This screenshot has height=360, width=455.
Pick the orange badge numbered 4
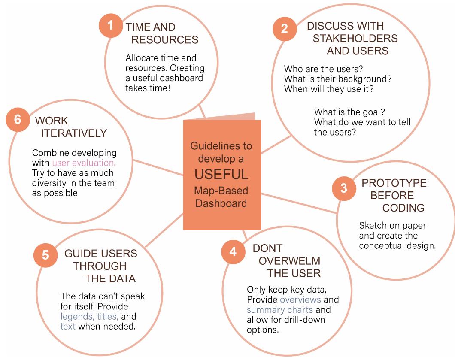pos(232,251)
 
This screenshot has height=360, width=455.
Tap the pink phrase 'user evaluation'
pos(83,163)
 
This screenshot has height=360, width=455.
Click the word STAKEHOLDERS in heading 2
pos(355,39)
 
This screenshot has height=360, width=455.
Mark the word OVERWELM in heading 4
pos(293,261)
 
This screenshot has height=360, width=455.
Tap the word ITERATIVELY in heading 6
pos(74,134)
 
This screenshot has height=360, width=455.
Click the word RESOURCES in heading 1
pos(165,40)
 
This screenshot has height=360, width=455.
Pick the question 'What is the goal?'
pos(343,113)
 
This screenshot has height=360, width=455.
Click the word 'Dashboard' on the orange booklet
pos(221,203)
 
